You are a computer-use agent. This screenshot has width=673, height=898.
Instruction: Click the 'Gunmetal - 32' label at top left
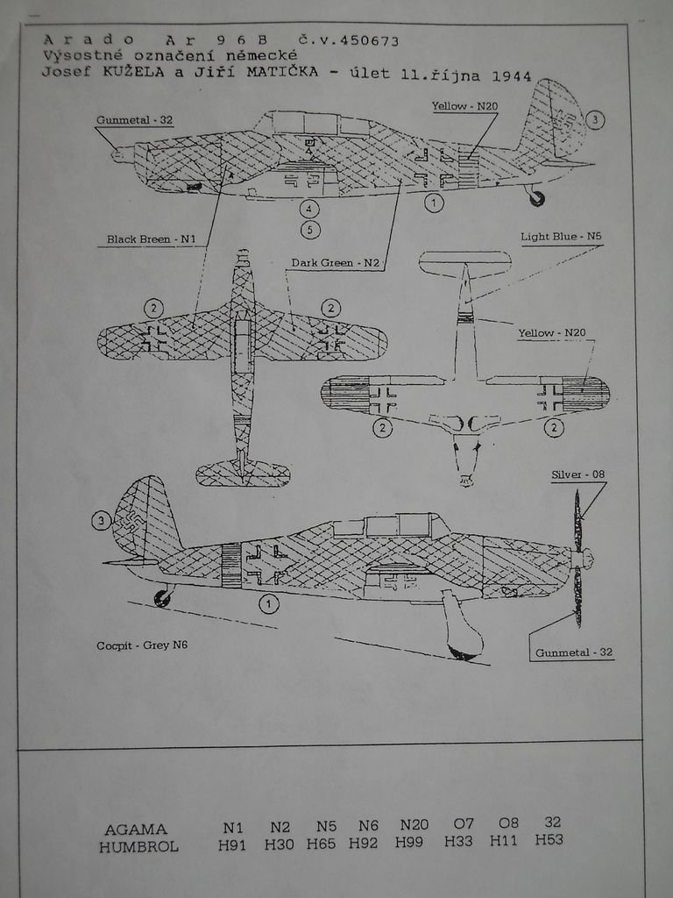point(135,120)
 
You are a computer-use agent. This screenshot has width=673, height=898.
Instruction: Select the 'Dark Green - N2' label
point(323,262)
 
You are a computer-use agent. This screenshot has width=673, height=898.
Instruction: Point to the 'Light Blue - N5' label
point(561,237)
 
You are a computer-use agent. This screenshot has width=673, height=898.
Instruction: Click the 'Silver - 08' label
point(577,474)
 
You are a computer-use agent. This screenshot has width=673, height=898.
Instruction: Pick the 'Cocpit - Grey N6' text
point(142,645)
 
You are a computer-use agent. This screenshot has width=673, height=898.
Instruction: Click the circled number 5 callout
point(309,230)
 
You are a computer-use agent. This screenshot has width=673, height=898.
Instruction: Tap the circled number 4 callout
point(308,209)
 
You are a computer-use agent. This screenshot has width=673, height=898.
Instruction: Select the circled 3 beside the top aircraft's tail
point(595,120)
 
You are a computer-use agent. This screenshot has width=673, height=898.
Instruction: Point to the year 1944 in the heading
point(515,75)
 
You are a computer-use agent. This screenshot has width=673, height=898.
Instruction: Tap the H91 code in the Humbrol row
point(232,845)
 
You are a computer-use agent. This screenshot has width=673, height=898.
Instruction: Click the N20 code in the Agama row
point(414,825)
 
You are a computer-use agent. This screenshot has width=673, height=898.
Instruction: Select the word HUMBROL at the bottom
point(140,847)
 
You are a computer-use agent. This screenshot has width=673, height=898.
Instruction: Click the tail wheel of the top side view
point(536,199)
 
